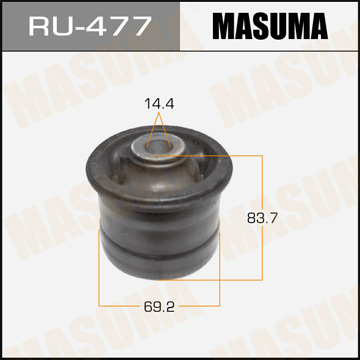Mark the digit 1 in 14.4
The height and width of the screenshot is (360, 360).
146,102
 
